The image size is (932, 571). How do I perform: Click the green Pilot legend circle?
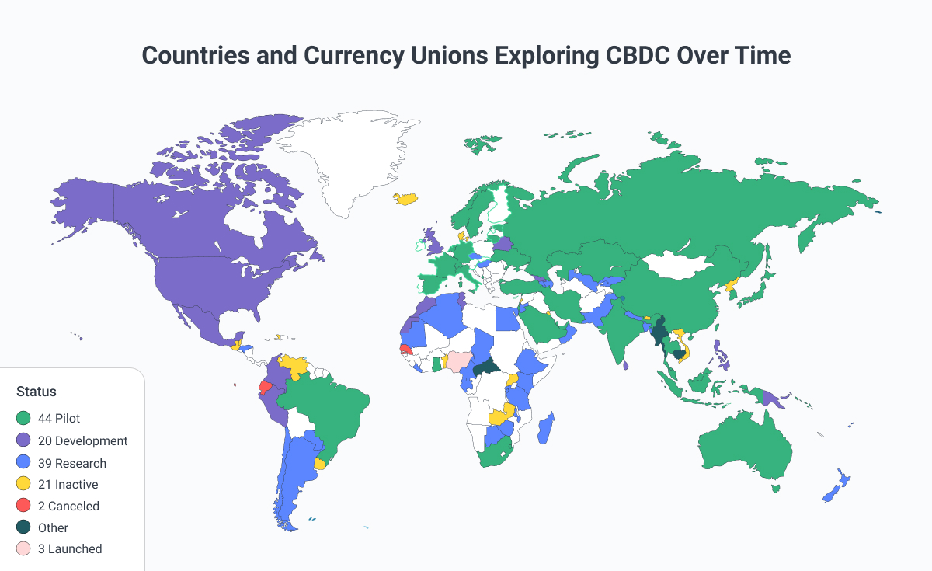pyautogui.click(x=23, y=419)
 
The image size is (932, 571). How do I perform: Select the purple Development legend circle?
pyautogui.click(x=23, y=440)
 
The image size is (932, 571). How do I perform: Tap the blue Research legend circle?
pyautogui.click(x=23, y=463)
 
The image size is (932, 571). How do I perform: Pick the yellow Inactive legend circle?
pyautogui.click(x=23, y=484)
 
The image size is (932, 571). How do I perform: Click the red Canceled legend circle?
pyautogui.click(x=23, y=506)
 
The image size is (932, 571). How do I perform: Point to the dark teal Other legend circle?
pyautogui.click(x=23, y=527)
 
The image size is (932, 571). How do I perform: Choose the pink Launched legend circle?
pyautogui.click(x=23, y=548)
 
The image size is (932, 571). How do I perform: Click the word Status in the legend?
pyautogui.click(x=37, y=392)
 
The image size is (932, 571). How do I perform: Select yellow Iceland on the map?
pyautogui.click(x=406, y=198)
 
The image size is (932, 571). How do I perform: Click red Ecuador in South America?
pyautogui.click(x=265, y=386)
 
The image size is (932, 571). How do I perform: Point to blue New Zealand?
pyautogui.click(x=837, y=486)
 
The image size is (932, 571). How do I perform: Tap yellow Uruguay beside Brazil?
pyautogui.click(x=319, y=464)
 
